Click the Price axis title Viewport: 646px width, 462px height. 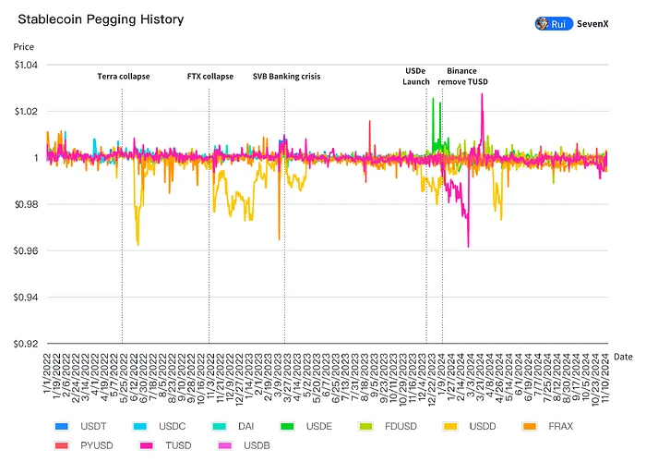(23, 45)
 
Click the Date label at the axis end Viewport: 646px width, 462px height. (623, 356)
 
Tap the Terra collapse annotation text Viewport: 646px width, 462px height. (123, 77)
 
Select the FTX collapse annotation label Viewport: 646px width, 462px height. (209, 77)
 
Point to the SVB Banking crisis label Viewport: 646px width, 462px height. (287, 77)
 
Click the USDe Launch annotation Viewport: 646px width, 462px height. (416, 76)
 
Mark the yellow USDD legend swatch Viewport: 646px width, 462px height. (449, 402)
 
